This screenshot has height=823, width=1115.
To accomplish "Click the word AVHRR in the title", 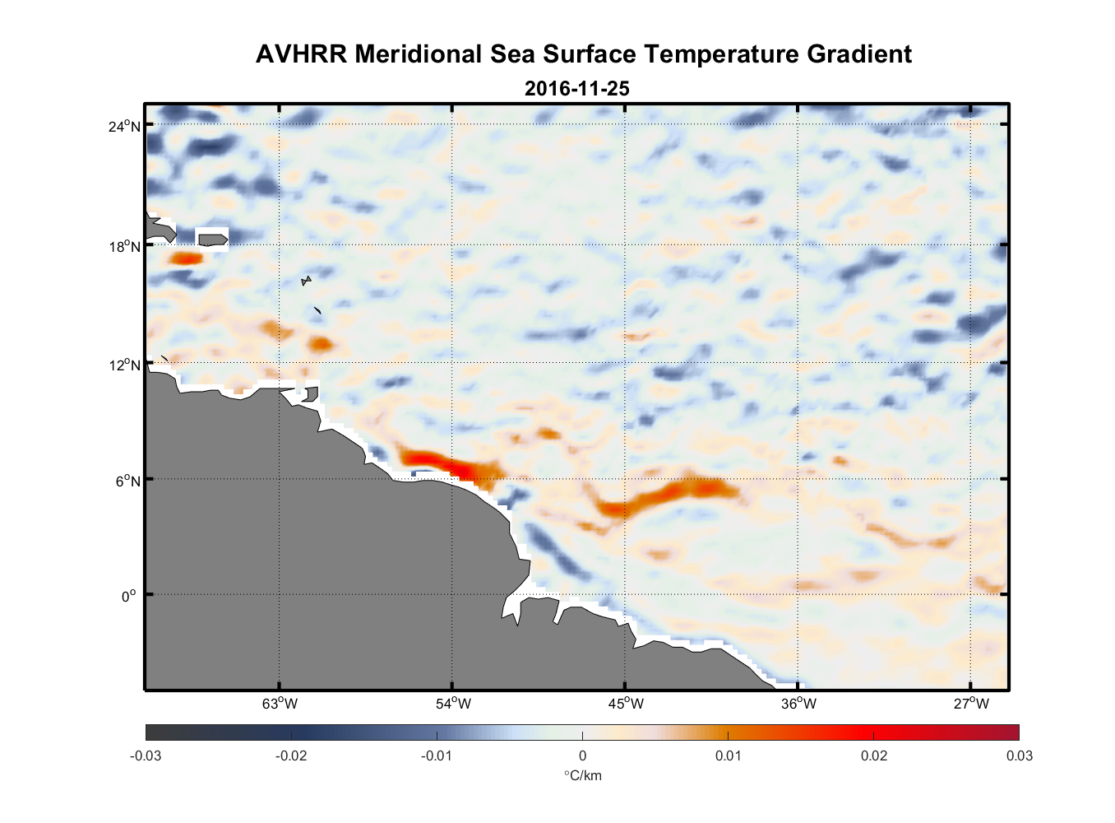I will (x=301, y=54).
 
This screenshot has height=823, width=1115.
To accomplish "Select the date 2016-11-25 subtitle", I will (x=576, y=89).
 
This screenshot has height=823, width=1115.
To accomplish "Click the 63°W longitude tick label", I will (x=280, y=704).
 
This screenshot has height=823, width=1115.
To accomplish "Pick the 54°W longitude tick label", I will (x=453, y=704).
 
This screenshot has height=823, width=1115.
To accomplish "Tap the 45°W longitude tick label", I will (x=626, y=704).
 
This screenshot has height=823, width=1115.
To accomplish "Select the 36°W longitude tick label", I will (x=798, y=704).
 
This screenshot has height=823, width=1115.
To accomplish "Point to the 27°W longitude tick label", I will (x=971, y=704).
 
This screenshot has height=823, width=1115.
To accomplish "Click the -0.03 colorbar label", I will (x=146, y=756).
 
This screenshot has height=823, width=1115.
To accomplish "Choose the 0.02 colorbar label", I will (x=874, y=756).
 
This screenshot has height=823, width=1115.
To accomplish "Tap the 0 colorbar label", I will (x=582, y=756).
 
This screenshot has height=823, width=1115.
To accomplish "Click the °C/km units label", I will (x=582, y=776).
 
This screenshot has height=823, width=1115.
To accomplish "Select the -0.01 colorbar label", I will (x=436, y=756).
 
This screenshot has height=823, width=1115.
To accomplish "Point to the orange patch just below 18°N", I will (x=187, y=258).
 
